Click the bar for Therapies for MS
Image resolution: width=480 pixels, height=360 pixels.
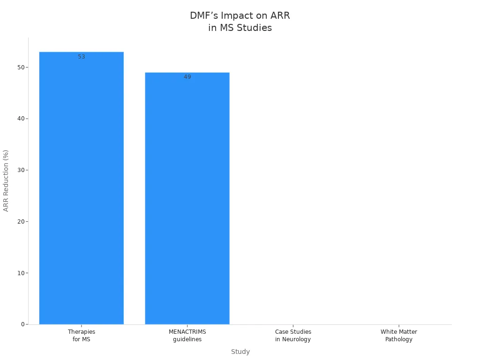click(81, 187)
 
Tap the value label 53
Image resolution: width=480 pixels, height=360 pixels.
click(82, 57)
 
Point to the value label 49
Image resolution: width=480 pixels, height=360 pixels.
click(187, 77)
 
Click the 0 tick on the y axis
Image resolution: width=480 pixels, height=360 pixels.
click(22, 324)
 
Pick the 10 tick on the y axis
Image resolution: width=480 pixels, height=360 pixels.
click(21, 273)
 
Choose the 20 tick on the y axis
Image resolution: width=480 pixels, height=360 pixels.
click(21, 221)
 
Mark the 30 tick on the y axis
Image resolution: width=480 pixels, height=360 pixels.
click(21, 170)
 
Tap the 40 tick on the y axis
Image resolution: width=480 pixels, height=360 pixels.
click(21, 119)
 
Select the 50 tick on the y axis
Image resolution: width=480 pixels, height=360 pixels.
click(21, 67)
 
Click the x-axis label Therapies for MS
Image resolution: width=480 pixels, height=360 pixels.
click(82, 336)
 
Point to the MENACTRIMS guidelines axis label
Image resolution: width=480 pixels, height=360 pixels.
click(187, 336)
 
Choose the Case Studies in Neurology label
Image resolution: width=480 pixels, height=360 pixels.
click(293, 336)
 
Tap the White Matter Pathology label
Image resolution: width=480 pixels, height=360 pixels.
click(399, 336)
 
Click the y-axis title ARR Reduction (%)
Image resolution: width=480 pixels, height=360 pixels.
click(6, 180)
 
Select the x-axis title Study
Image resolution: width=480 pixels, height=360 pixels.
click(240, 352)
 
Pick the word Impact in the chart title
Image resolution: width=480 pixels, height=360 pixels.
click(237, 15)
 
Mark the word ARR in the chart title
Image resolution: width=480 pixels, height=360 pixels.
click(280, 15)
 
